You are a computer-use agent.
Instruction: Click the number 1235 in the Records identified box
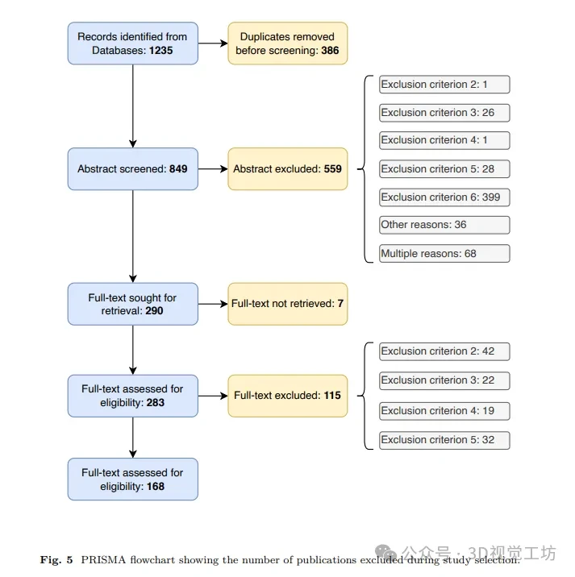161,51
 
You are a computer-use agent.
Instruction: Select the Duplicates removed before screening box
288,44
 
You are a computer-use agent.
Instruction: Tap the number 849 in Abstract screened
178,169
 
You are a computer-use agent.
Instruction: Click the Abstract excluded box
288,169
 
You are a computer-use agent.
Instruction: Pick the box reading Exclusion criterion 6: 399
444,197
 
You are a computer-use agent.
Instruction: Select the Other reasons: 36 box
444,225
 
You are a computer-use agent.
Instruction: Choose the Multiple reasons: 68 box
444,254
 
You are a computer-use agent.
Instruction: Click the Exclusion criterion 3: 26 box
444,113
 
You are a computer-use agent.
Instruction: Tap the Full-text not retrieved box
288,304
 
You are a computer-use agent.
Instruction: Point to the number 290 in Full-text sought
154,311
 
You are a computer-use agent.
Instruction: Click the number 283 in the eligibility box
156,403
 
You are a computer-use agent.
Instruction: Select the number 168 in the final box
156,487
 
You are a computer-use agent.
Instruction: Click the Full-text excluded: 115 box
288,396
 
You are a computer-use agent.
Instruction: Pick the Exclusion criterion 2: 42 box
444,351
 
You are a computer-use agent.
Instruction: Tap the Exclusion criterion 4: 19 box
444,411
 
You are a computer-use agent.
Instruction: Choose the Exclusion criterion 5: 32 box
444,440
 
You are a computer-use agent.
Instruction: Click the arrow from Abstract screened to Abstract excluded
213,169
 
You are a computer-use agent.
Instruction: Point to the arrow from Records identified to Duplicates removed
213,44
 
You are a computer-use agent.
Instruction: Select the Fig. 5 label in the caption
56,560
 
